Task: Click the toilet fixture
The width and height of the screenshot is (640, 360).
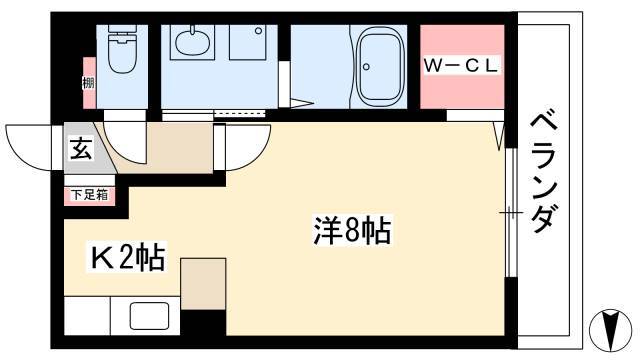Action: pyautogui.click(x=122, y=49)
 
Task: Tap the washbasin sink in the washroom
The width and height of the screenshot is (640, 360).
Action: pyautogui.click(x=193, y=42)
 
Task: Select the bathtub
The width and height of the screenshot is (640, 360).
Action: pyautogui.click(x=379, y=67)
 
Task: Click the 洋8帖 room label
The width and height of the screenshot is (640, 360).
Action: pyautogui.click(x=352, y=230)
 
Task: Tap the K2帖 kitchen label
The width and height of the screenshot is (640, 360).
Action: pyautogui.click(x=128, y=258)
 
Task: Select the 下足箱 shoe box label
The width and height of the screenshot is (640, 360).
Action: pyautogui.click(x=90, y=195)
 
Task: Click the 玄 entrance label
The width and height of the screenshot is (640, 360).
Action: pyautogui.click(x=81, y=149)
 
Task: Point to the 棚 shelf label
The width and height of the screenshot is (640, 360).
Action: pyautogui.click(x=89, y=83)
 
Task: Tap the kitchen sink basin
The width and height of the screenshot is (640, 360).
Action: pyautogui.click(x=149, y=316)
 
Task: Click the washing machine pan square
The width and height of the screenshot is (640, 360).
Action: pyautogui.click(x=247, y=42)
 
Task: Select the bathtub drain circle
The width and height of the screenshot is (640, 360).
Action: pyautogui.click(x=366, y=67)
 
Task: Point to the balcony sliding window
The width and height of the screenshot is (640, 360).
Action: pyautogui.click(x=511, y=213)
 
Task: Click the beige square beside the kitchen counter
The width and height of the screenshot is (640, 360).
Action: pyautogui.click(x=203, y=284)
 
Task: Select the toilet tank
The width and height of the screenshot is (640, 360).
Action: pyautogui.click(x=122, y=32)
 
